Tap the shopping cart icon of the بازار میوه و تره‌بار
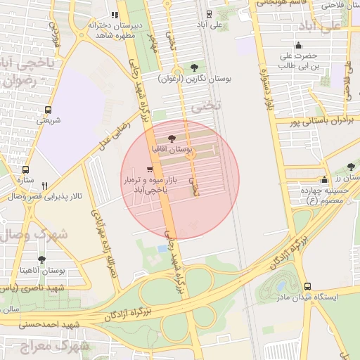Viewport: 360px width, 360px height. click(x=149, y=169)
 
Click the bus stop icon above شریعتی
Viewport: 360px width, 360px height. click(x=48, y=110)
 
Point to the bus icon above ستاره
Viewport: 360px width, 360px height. click(x=26, y=169)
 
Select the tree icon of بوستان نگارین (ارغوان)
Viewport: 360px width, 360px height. click(x=194, y=67)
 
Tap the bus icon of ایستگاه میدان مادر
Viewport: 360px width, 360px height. click(x=307, y=286)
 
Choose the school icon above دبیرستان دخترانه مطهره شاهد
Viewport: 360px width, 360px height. click(x=115, y=15)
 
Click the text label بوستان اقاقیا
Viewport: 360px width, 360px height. click(x=172, y=150)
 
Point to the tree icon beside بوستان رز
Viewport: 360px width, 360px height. click(x=349, y=167)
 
